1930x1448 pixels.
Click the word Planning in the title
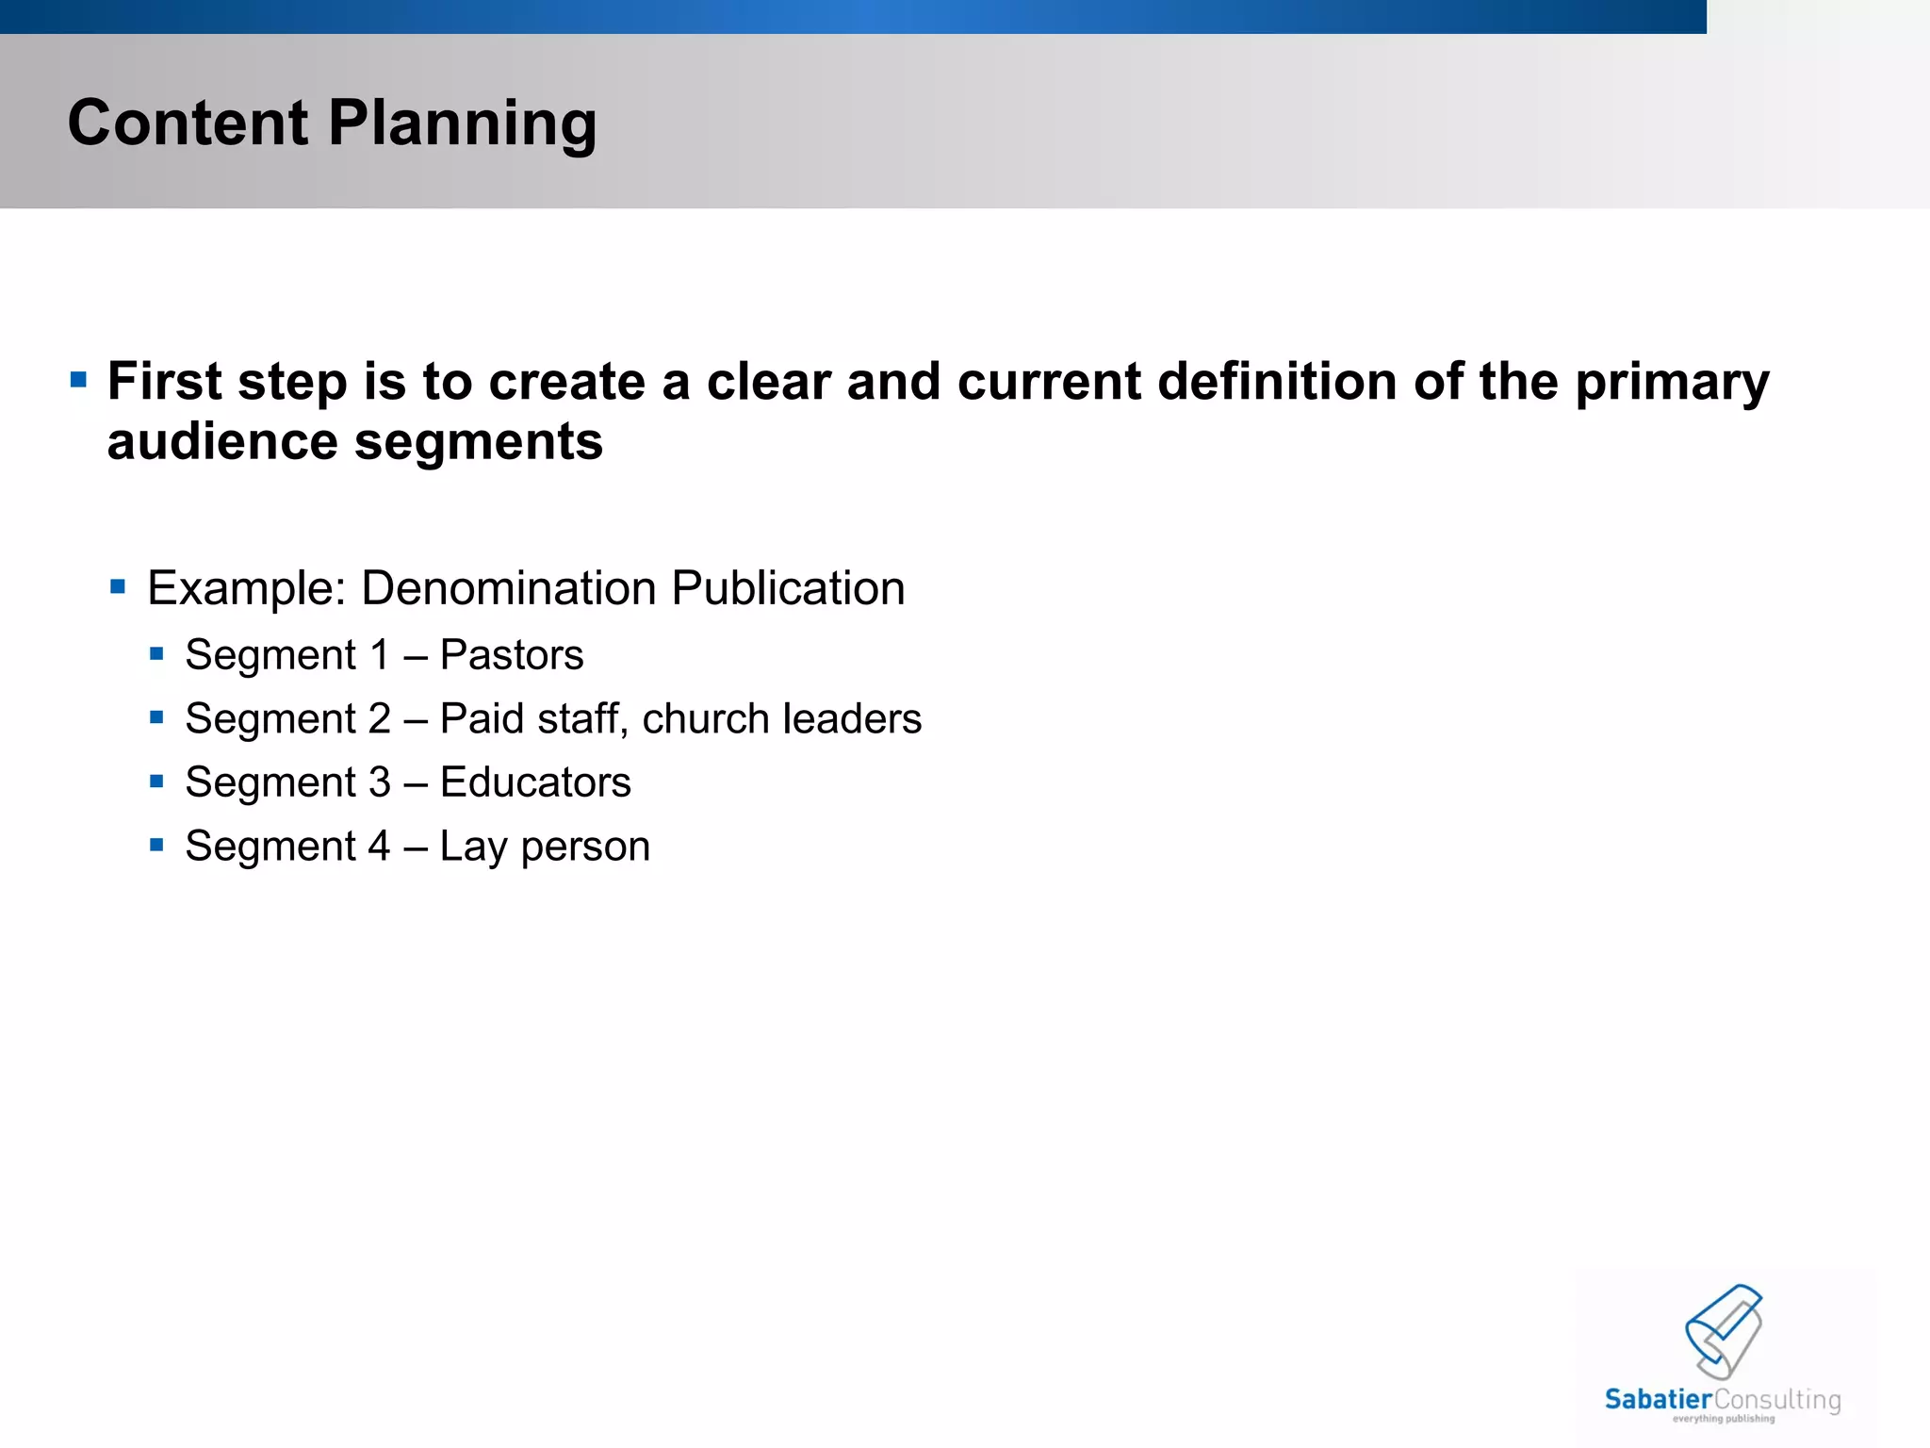pos(462,124)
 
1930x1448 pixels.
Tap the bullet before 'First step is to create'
pos(79,381)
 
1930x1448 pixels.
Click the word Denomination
pos(508,588)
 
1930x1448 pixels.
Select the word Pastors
pos(512,654)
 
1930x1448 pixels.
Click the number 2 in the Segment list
pos(379,718)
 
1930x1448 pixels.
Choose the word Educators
pos(535,782)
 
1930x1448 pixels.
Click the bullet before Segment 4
pos(156,845)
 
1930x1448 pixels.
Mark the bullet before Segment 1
pos(156,653)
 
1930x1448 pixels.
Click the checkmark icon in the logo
pos(1724,1329)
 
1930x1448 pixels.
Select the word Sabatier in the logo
pos(1659,1399)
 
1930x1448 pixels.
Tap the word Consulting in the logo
pos(1777,1400)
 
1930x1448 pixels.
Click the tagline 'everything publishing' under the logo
pos(1724,1419)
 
